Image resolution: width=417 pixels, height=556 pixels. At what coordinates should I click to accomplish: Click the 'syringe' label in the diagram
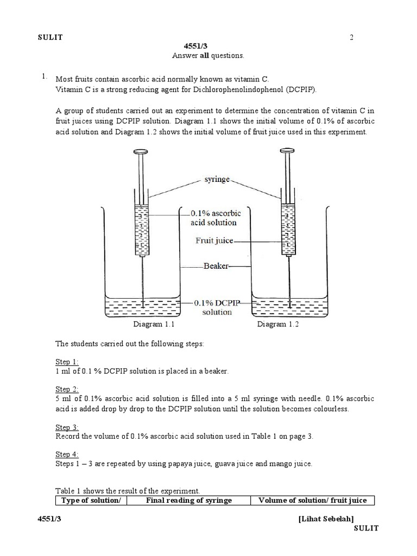pos(216,179)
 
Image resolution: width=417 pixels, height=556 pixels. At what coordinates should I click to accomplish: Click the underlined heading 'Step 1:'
pos(67,362)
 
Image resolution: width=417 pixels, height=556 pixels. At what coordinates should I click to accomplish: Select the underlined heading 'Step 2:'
pos(67,389)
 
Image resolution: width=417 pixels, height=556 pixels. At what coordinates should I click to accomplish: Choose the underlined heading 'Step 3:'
pos(67,427)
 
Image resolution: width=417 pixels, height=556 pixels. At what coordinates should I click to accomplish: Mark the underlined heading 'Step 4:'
pos(67,454)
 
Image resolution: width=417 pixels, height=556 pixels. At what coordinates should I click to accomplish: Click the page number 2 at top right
pos(351,37)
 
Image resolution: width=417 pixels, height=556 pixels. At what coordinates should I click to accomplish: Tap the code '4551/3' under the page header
pos(208,46)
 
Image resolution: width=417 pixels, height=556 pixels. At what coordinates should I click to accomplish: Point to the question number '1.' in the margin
pos(45,77)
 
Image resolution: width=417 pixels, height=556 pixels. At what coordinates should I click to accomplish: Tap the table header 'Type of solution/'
pos(91,500)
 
